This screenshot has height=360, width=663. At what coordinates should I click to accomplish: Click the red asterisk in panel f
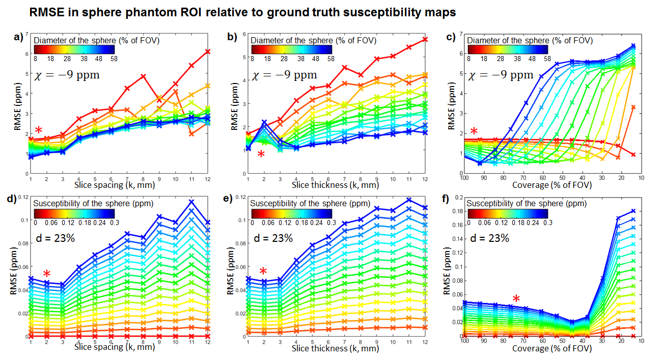pyautogui.click(x=516, y=299)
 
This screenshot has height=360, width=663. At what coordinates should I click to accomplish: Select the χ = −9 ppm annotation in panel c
pyautogui.click(x=500, y=75)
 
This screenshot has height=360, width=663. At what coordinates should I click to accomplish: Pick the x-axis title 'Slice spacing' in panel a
pyautogui.click(x=102, y=184)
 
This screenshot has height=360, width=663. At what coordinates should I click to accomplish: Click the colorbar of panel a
pyautogui.click(x=75, y=49)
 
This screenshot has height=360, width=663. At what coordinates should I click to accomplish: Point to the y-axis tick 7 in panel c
pyautogui.click(x=460, y=34)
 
